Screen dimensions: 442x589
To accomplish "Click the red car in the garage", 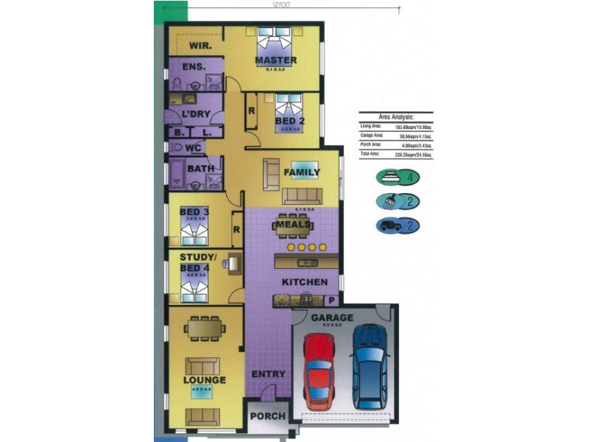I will pos(319,371).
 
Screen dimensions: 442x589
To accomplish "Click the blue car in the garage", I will pos(369,366).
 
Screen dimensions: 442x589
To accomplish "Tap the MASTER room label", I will pos(275,60).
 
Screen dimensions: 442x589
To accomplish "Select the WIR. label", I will pos(200,46).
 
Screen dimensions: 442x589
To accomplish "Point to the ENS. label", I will pos(193,66).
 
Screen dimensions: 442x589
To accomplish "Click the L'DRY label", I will pos(197,114).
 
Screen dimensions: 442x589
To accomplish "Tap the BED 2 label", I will pos(289,121).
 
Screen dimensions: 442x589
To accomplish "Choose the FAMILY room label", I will pos(302,172).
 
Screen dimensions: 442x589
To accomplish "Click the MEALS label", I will pos(292,224).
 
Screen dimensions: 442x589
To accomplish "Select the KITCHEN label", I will pos(305,282).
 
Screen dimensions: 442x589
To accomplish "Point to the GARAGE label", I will pos(332,318).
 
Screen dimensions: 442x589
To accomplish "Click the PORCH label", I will pos(268,416).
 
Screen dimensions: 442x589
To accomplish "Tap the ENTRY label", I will pos(268,374).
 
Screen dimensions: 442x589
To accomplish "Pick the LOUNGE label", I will pos(204,380).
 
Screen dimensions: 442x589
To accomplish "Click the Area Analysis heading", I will pos(395,116).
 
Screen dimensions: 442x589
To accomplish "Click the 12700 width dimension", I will pos(281,4).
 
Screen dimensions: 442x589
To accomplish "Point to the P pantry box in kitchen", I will pos(331,300).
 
